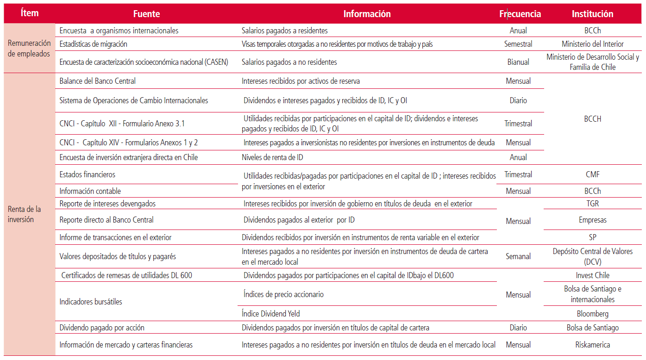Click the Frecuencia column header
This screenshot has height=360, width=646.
pyautogui.click(x=520, y=14)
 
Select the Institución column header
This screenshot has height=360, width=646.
pyautogui.click(x=592, y=14)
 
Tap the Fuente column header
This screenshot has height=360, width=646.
pyautogui.click(x=146, y=14)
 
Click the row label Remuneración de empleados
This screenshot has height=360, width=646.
pyautogui.click(x=29, y=48)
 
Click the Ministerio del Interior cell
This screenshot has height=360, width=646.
pyautogui.click(x=592, y=44)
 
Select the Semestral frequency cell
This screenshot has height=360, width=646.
pyautogui.click(x=518, y=44)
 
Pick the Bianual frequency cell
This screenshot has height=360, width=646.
pyautogui.click(x=518, y=62)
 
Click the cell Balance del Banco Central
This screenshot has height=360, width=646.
pyautogui.click(x=98, y=81)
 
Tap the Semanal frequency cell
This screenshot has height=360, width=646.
pyautogui.click(x=518, y=256)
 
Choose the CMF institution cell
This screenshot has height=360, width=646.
pyautogui.click(x=592, y=174)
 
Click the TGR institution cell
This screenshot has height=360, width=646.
pyautogui.click(x=592, y=203)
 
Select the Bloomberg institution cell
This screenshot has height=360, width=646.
pyautogui.click(x=592, y=314)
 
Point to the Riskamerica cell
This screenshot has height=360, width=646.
pyautogui.click(x=592, y=345)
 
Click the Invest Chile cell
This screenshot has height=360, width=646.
pyautogui.click(x=592, y=275)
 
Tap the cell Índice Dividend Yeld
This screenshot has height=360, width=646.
pyautogui.click(x=271, y=314)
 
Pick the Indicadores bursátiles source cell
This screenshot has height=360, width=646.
pyautogui.click(x=91, y=302)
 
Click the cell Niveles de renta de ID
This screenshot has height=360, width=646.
pyautogui.click(x=272, y=157)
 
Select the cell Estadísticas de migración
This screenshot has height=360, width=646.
pyautogui.click(x=94, y=44)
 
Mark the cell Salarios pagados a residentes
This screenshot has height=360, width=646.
pyautogui.click(x=284, y=31)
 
